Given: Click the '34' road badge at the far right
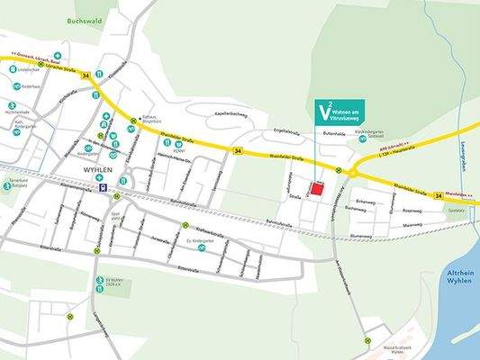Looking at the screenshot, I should (439, 195).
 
